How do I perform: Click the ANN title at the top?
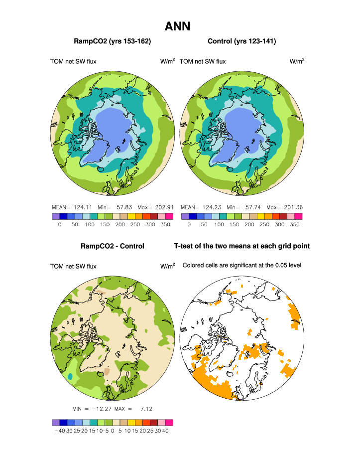pos(178,25)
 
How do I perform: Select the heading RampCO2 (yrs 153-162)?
pos(113,41)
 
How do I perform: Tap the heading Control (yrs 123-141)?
pos(241,41)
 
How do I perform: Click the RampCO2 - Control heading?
pos(113,246)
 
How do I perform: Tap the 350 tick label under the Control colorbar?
pos(295,225)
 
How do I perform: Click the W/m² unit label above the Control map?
pos(297,61)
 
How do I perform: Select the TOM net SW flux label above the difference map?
pos(73,267)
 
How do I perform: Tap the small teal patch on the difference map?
pos(71,376)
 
